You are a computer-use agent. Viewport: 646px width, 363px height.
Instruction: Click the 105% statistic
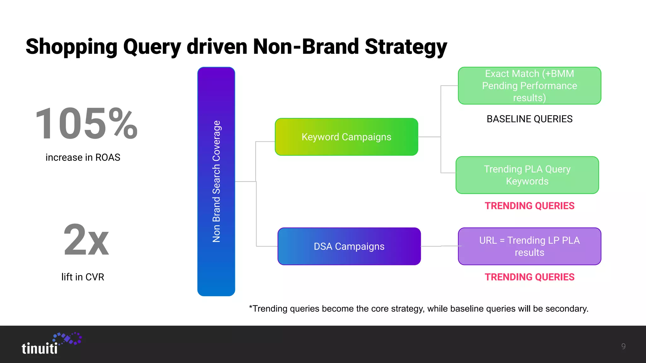(x=86, y=124)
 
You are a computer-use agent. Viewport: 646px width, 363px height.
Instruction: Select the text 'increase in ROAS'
(x=83, y=157)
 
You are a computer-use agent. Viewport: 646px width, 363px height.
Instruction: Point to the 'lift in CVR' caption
(x=83, y=277)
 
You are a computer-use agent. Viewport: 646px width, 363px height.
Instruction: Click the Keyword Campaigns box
(x=346, y=137)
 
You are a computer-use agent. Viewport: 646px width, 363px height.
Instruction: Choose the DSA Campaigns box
(x=349, y=246)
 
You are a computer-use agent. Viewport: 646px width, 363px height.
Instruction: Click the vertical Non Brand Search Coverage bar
(x=216, y=181)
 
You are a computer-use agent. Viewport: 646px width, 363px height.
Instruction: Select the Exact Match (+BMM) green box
(x=529, y=85)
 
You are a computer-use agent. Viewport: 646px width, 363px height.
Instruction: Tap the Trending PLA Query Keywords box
(x=527, y=175)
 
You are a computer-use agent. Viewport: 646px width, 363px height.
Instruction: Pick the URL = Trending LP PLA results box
(x=529, y=246)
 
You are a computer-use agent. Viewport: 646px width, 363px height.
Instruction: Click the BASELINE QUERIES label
(x=529, y=119)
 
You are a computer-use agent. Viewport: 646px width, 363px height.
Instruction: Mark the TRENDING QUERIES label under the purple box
(x=529, y=277)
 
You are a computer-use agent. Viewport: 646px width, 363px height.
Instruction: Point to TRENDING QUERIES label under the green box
(x=529, y=205)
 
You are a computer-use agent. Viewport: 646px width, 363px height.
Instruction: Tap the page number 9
(x=623, y=346)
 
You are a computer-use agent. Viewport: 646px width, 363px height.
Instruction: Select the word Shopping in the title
(x=72, y=47)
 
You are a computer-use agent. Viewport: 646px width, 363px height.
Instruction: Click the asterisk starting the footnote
(x=250, y=307)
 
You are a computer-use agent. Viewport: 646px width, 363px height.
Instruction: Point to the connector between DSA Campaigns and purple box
(x=439, y=246)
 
